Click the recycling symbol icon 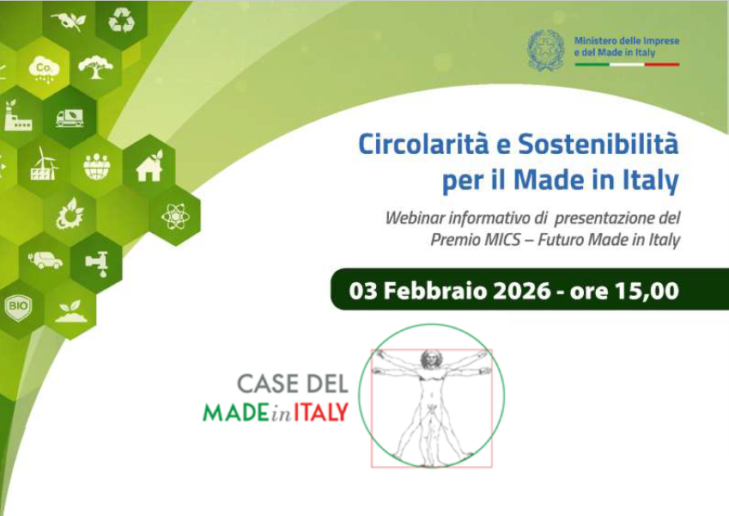(x=121, y=21)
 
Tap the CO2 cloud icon (x=43, y=70)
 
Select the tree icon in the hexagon (x=96, y=67)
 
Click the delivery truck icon (x=70, y=118)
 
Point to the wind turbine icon (x=44, y=163)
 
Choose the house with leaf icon (x=149, y=166)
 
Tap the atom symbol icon (x=175, y=216)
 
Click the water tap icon (x=97, y=263)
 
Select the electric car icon (x=46, y=261)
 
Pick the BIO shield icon (x=18, y=307)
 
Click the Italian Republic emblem (x=546, y=50)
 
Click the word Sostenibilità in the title (x=598, y=144)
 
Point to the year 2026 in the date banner (x=522, y=291)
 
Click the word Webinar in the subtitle (x=415, y=218)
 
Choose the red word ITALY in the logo (x=321, y=412)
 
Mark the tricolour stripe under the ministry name (x=627, y=64)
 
